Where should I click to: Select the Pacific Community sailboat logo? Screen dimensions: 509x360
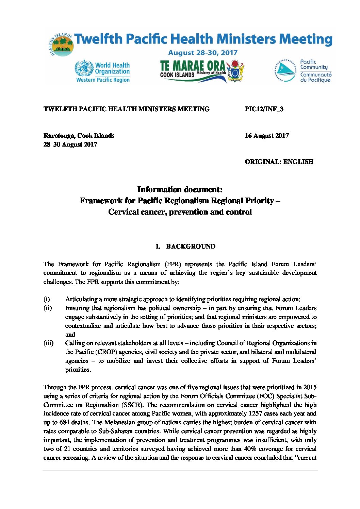click(x=285, y=71)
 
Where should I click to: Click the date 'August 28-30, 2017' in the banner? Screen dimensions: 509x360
click(x=203, y=53)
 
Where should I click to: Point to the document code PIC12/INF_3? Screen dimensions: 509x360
click(x=264, y=109)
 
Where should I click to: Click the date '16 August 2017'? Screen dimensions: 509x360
click(x=267, y=136)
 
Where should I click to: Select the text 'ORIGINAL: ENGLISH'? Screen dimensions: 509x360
click(x=279, y=162)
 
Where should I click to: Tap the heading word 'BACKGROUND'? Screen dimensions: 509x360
click(x=191, y=247)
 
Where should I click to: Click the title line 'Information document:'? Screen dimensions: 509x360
click(x=180, y=189)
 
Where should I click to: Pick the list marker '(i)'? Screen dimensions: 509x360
click(x=47, y=299)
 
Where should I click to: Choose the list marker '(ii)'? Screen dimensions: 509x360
click(x=48, y=308)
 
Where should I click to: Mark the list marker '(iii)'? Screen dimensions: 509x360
click(x=49, y=343)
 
